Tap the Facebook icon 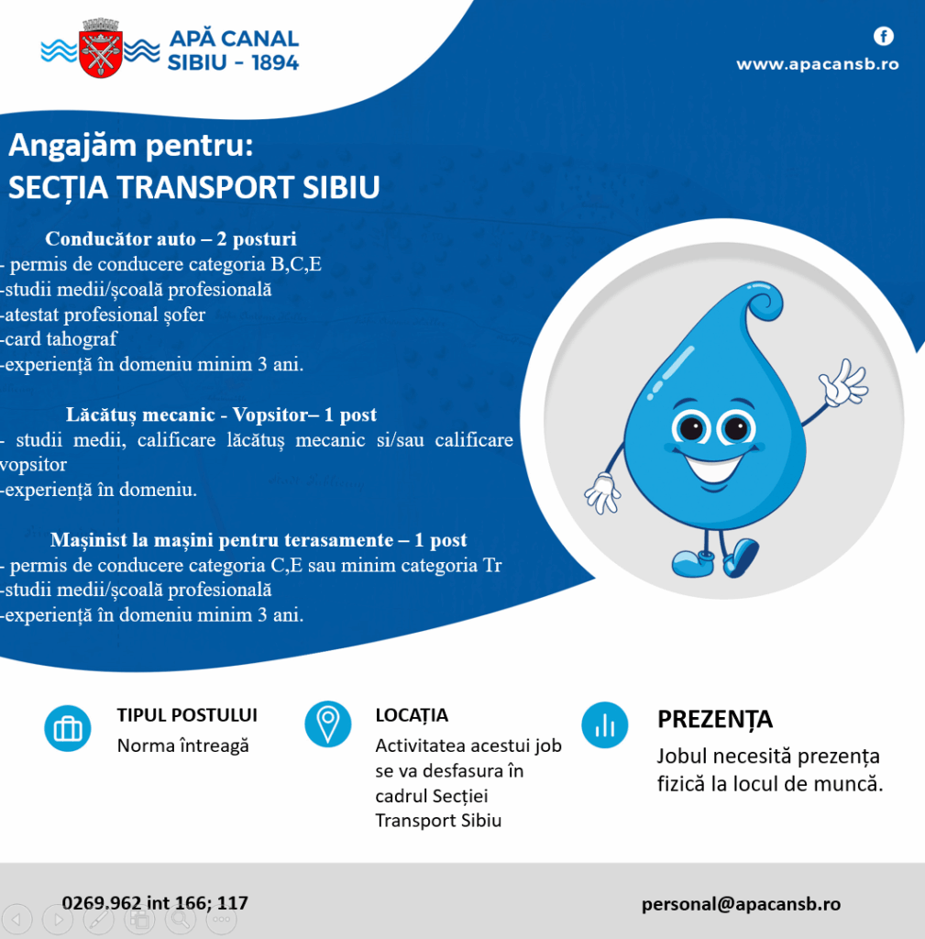883,37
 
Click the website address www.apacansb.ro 817,64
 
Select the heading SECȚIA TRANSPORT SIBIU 193,186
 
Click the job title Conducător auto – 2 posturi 171,239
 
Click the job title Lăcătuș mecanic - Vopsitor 221,415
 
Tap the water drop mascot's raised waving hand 842,383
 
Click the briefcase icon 68,729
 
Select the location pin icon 327,724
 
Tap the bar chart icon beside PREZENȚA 605,725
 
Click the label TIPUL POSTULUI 187,715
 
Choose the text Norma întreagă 182,746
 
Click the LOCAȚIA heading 412,715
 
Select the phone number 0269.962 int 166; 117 155,903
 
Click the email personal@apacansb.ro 741,904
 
